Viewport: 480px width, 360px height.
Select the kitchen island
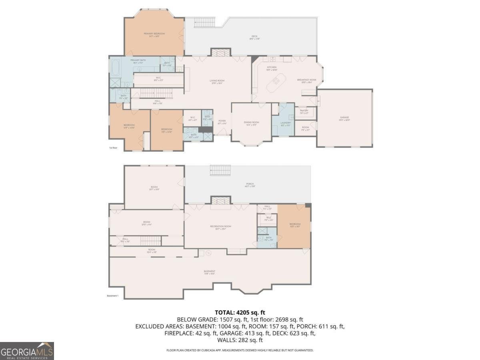pyautogui.click(x=276, y=82)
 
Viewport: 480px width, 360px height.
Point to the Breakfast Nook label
pyautogui.click(x=307, y=81)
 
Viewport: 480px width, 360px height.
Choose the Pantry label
pyautogui.click(x=304, y=112)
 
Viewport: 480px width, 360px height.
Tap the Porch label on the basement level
pyautogui.click(x=250, y=185)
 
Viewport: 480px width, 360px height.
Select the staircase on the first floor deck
pyautogui.click(x=204, y=22)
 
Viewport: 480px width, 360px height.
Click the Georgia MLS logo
pyautogui.click(x=27, y=351)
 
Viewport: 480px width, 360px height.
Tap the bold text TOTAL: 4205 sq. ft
pyautogui.click(x=240, y=312)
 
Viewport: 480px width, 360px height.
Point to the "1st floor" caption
pyautogui.click(x=113, y=148)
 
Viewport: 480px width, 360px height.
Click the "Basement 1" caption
pyautogui.click(x=112, y=296)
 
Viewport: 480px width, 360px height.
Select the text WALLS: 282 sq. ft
pyautogui.click(x=240, y=340)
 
